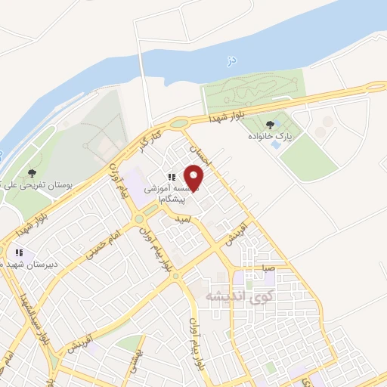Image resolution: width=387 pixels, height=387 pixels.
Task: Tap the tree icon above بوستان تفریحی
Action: point(31,173)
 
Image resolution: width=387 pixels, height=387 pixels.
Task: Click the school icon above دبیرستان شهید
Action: point(20,252)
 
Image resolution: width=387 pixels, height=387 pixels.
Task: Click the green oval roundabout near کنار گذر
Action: point(178,123)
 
